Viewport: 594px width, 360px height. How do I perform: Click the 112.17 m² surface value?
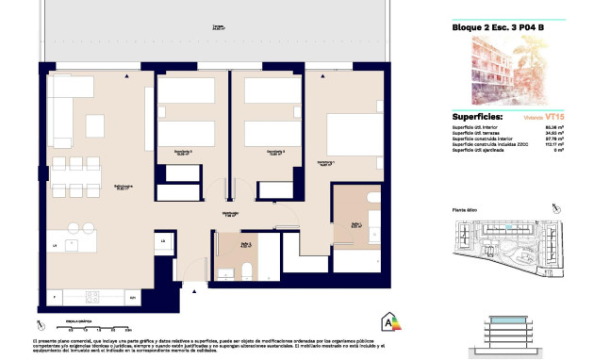pos(554,144)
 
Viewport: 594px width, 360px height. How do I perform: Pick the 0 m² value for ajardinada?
pos(558,151)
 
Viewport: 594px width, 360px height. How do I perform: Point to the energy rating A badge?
pos(387,323)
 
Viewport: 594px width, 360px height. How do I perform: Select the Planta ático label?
pos(466,211)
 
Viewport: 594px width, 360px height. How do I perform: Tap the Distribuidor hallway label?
pos(229,215)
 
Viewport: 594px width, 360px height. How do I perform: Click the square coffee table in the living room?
pos(96,125)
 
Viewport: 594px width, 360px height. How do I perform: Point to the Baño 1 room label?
pos(355,224)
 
